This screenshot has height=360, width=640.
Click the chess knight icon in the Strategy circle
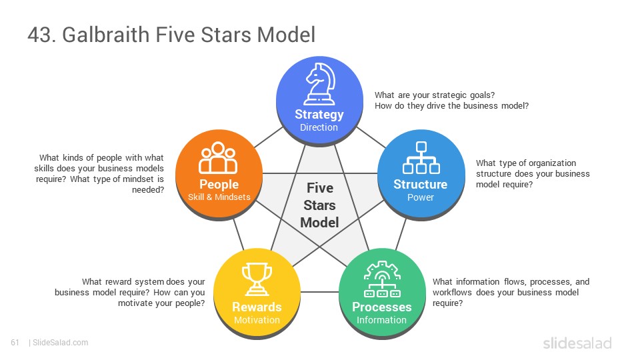coord(319,84)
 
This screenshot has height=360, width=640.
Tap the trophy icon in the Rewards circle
coord(257,279)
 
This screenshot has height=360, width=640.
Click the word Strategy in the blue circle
coord(319,115)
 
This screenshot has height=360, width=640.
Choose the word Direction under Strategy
coord(319,127)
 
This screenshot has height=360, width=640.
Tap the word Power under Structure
coord(421,197)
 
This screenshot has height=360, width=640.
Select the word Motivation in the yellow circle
coord(257,320)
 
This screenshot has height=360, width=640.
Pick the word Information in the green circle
coord(381,320)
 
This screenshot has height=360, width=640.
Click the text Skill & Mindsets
coord(219,197)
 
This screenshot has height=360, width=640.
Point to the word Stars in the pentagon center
coord(319,205)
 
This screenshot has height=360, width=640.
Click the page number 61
coord(15,343)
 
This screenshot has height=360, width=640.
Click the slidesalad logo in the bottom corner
coord(577,343)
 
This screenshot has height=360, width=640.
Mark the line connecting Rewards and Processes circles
coord(319,292)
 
